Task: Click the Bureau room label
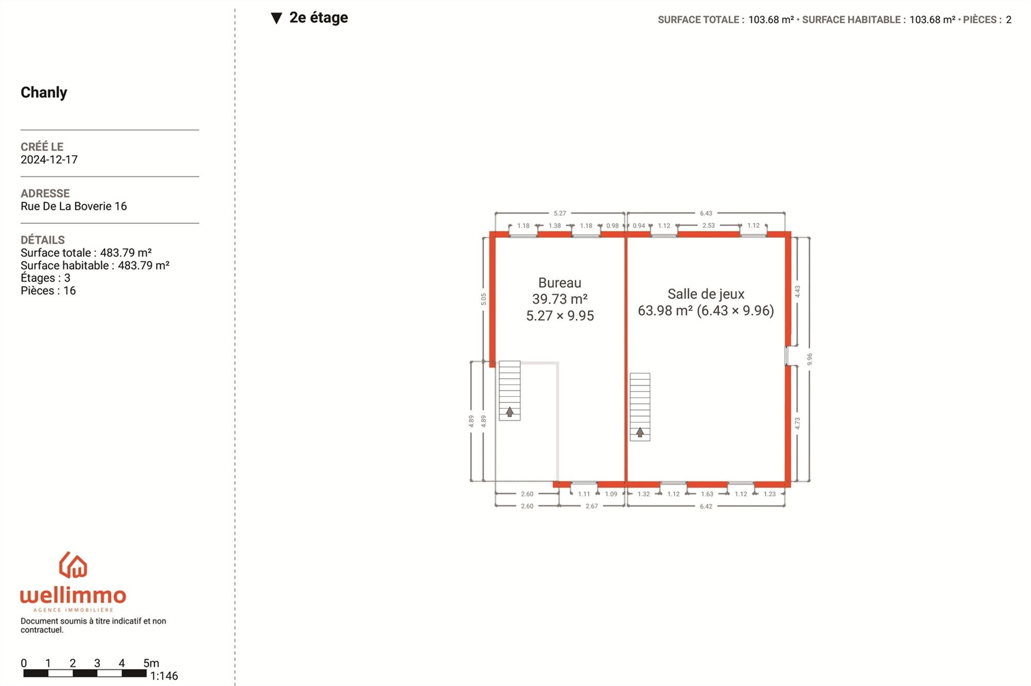(x=559, y=283)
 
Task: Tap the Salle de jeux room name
(x=706, y=294)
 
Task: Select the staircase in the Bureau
(x=509, y=390)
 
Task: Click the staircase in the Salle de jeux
(x=640, y=407)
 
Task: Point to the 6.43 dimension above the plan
(x=706, y=213)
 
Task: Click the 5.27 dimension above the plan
(x=560, y=213)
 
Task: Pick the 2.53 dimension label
(x=709, y=225)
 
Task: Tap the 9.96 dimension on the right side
(x=809, y=359)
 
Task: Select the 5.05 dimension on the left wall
(x=483, y=299)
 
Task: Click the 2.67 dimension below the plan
(x=592, y=506)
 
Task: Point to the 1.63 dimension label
(x=707, y=494)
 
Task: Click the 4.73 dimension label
(x=797, y=423)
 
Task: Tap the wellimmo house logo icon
(x=73, y=565)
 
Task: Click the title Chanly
(x=44, y=92)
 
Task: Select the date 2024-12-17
(x=49, y=159)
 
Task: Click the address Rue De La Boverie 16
(x=74, y=206)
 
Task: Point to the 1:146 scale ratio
(x=164, y=676)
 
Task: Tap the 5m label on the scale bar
(x=151, y=663)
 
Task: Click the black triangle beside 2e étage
(x=276, y=18)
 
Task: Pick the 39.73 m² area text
(x=560, y=299)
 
